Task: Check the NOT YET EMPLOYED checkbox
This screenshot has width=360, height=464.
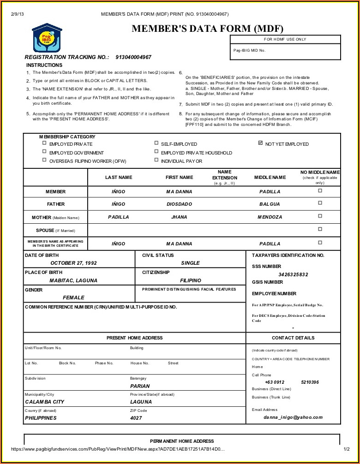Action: click(261, 143)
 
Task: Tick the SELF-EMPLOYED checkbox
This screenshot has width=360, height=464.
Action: click(156, 143)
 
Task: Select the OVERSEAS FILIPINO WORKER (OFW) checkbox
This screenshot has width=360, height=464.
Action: click(44, 161)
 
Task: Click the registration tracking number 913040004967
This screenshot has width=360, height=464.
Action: click(133, 57)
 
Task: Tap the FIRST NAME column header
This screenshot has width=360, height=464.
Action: click(179, 177)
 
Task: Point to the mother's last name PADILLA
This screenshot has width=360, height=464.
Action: click(119, 217)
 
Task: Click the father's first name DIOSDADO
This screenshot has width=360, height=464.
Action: click(179, 204)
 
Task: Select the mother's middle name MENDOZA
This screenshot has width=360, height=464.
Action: click(270, 217)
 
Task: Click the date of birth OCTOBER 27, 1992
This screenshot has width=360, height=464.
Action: click(74, 263)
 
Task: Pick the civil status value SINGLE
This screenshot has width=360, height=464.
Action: click(190, 263)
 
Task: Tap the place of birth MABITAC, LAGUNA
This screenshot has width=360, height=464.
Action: click(73, 280)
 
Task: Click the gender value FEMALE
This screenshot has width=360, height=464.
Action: click(74, 297)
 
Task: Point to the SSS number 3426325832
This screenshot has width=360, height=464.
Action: click(293, 274)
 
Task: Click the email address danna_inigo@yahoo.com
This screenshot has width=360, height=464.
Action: click(293, 417)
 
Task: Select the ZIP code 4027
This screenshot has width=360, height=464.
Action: click(136, 418)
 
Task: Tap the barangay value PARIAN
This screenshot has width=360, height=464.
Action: click(140, 386)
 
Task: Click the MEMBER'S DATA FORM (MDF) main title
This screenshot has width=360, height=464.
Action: click(208, 29)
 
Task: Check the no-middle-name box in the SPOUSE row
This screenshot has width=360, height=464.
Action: click(320, 229)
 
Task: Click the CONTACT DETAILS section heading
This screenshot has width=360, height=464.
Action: click(293, 338)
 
